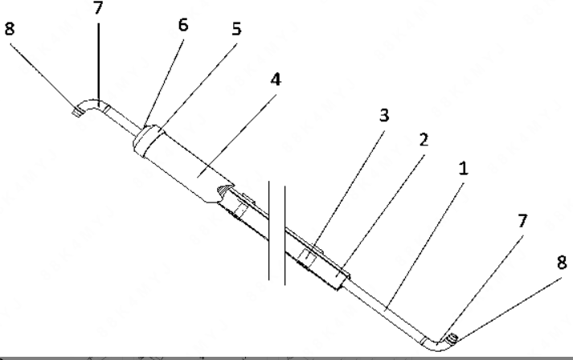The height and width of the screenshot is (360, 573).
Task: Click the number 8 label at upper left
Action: pyautogui.click(x=10, y=28)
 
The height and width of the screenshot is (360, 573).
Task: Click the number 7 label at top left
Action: pyautogui.click(x=98, y=8)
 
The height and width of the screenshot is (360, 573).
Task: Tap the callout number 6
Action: pyautogui.click(x=183, y=25)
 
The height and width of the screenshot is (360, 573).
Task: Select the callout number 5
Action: pyautogui.click(x=237, y=29)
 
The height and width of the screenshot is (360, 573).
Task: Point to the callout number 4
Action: pyautogui.click(x=276, y=80)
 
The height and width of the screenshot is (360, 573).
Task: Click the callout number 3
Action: pyautogui.click(x=384, y=115)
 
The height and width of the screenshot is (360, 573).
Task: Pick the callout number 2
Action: pyautogui.click(x=424, y=140)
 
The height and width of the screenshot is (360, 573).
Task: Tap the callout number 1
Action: pyautogui.click(x=463, y=169)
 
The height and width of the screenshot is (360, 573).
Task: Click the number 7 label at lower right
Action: pyautogui.click(x=523, y=221)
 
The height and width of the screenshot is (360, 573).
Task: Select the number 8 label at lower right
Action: pyautogui.click(x=562, y=263)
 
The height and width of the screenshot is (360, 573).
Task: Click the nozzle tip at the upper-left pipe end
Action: pyautogui.click(x=76, y=112)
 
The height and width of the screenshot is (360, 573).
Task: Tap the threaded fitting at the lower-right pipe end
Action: pyautogui.click(x=453, y=339)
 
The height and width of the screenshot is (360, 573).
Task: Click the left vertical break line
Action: pyautogui.click(x=270, y=231)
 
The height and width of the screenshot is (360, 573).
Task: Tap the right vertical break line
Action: pyautogui.click(x=284, y=235)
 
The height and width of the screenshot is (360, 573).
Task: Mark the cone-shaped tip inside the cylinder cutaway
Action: pyautogui.click(x=224, y=190)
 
